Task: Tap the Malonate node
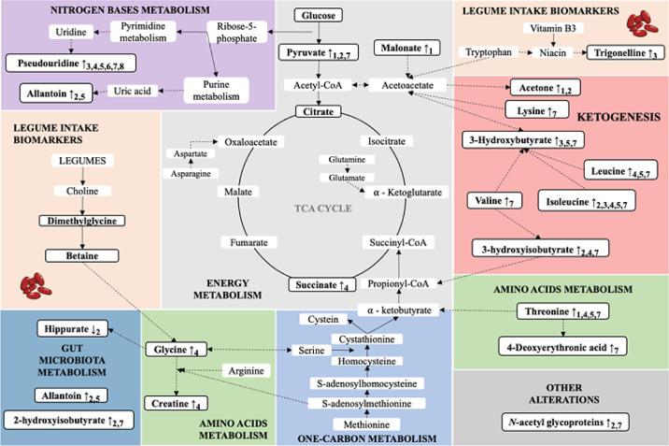tap(405, 46)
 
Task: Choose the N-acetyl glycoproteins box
tap(561, 423)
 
